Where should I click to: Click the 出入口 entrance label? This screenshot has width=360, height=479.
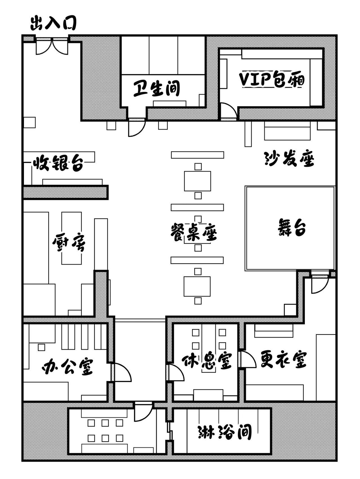53,23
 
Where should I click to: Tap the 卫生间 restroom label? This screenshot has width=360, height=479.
157,89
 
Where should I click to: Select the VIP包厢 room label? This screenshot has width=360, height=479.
272,80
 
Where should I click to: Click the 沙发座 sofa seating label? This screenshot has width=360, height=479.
289,159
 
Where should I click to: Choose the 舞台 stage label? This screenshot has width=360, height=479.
292,227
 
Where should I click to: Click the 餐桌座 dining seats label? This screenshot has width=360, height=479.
194,232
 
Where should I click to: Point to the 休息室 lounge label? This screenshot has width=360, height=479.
207,361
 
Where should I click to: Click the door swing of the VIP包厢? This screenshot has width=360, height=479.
228,111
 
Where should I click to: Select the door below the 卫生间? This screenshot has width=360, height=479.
137,128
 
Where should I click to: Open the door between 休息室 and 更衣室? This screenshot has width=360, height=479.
248,359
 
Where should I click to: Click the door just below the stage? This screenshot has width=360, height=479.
320,285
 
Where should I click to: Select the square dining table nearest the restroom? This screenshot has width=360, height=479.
197,181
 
